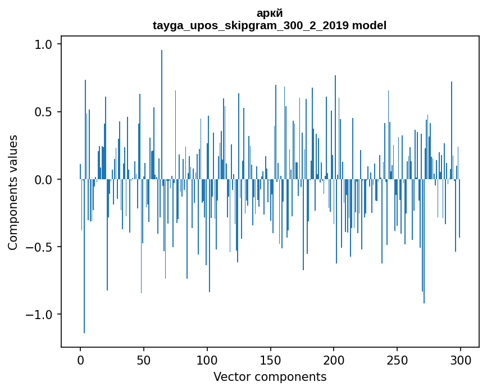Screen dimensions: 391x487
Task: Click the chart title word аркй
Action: click(x=270, y=13)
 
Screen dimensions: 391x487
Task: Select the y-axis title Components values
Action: click(x=13, y=192)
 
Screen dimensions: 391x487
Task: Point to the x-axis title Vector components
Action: click(x=270, y=376)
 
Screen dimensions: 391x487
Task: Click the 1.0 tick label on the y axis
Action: click(x=44, y=44)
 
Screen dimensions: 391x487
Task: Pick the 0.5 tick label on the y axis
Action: click(x=44, y=112)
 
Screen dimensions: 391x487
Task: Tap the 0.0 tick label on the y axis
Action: click(x=44, y=180)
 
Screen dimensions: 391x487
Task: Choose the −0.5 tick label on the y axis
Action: click(x=40, y=247)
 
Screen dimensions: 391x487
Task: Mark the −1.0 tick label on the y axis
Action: click(x=40, y=315)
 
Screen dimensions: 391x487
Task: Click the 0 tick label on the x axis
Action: click(x=80, y=360)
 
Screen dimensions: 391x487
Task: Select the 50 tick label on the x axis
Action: click(x=144, y=360)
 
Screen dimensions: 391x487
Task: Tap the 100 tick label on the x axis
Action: click(x=207, y=360)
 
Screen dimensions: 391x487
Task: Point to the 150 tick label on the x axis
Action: click(x=271, y=360)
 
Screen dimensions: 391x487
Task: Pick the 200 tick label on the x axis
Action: click(x=334, y=360)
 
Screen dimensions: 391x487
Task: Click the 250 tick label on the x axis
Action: click(x=397, y=360)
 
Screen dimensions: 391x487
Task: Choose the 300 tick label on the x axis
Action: click(x=461, y=360)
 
